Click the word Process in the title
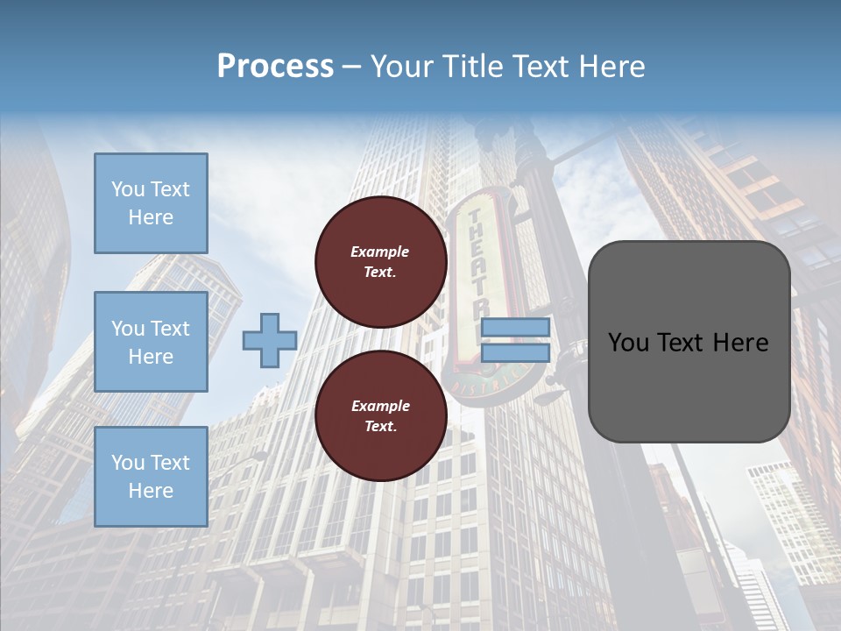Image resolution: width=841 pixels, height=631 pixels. click(275, 67)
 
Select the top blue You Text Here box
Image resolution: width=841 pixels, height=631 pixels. click(151, 203)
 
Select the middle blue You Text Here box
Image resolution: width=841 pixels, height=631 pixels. click(151, 342)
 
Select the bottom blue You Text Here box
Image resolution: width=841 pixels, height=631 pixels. click(151, 477)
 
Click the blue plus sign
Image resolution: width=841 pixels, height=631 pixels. click(269, 341)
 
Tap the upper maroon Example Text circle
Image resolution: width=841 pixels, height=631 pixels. click(380, 262)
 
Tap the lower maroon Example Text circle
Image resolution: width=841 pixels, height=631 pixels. click(380, 416)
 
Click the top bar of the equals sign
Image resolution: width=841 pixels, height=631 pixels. click(515, 328)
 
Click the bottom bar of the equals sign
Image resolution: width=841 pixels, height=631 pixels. click(515, 353)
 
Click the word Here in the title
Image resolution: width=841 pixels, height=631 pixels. click(613, 67)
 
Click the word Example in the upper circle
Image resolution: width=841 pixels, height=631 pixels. click(380, 252)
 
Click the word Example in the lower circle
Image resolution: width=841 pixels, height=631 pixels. click(380, 406)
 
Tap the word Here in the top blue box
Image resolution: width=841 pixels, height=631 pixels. click(151, 217)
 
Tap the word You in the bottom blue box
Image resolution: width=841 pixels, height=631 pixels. click(127, 463)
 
